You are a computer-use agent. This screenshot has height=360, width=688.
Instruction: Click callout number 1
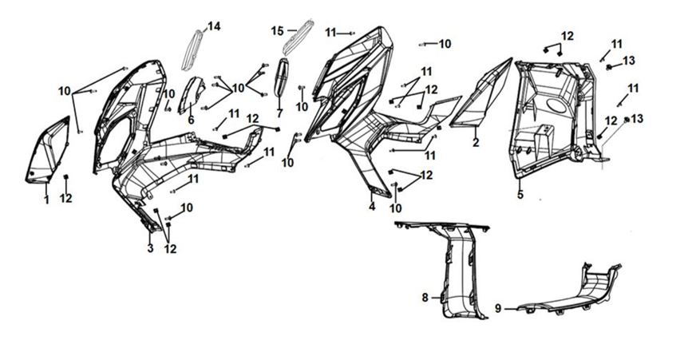click(46, 200)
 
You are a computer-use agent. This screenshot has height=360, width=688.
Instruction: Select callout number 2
click(476, 143)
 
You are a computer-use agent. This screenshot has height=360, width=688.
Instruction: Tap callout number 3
click(150, 248)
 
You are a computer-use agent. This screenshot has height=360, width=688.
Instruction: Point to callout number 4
click(372, 206)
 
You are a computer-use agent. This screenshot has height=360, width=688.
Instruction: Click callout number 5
click(520, 194)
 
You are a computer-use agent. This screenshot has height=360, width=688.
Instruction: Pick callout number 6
click(191, 120)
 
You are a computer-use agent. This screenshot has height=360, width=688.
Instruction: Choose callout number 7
click(280, 113)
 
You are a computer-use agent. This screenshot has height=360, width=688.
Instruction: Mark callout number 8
click(425, 298)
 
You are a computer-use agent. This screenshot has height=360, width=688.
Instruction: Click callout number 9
click(499, 307)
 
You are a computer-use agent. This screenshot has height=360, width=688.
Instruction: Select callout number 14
click(214, 26)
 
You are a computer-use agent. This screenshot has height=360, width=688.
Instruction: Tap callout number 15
click(277, 30)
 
